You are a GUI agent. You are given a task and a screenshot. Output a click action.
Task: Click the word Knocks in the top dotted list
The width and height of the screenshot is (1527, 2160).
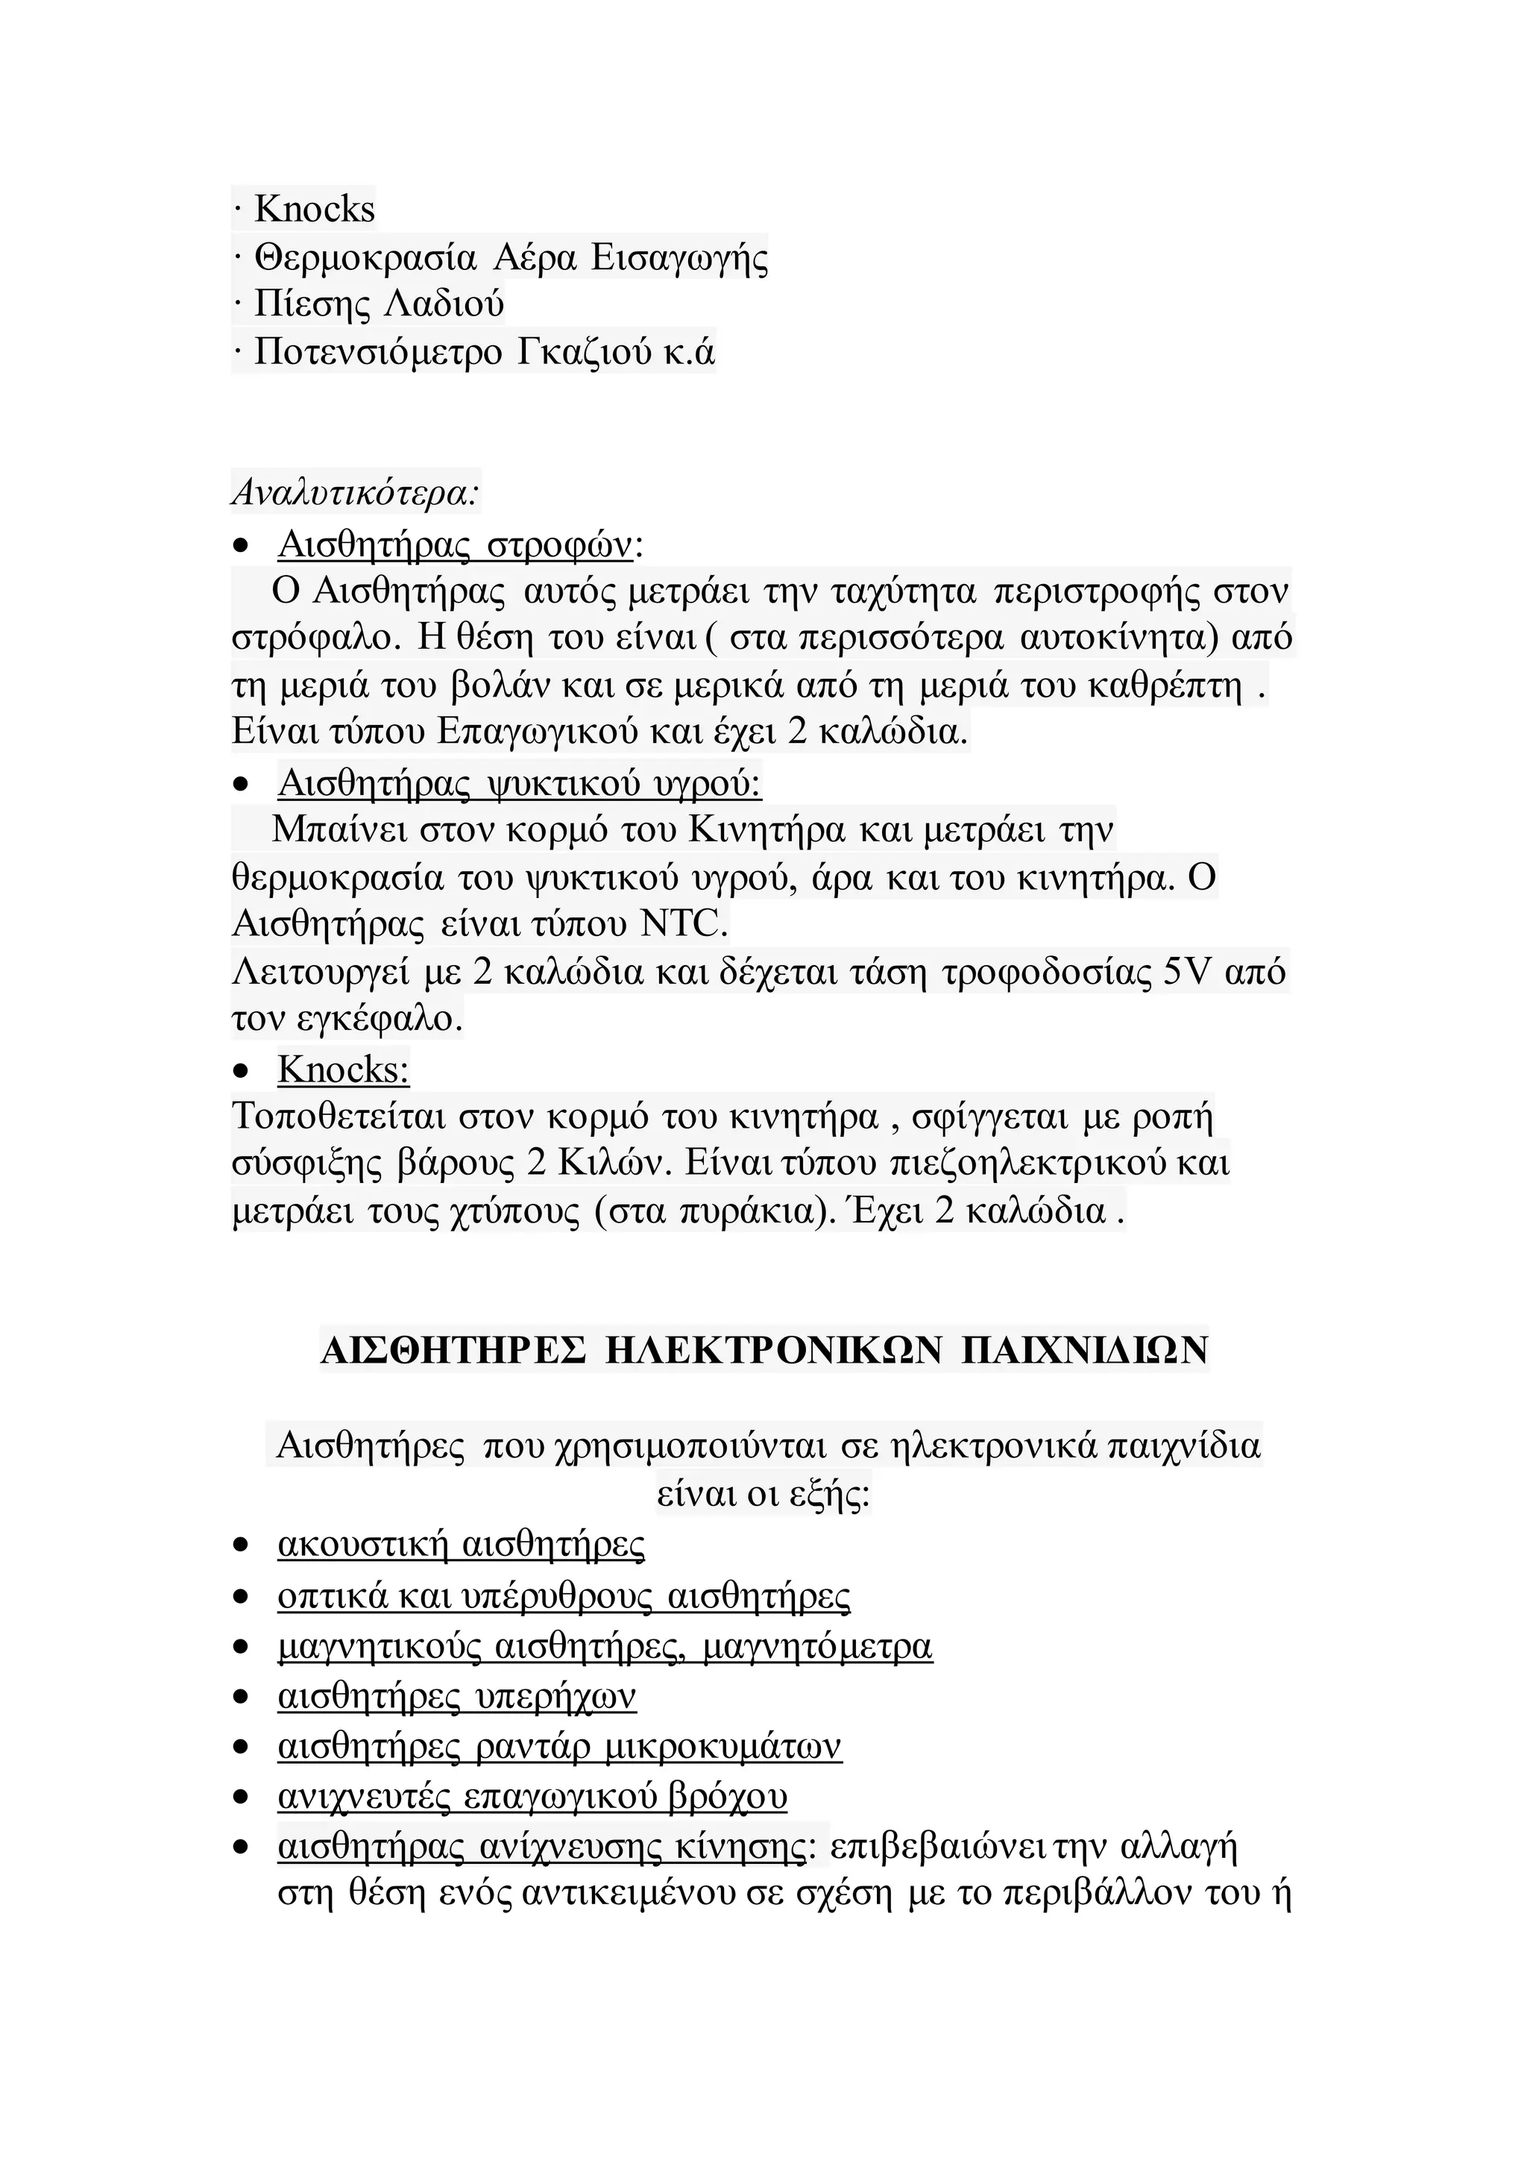coord(314,209)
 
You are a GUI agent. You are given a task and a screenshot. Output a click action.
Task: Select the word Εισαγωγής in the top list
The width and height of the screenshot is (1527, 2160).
coord(679,257)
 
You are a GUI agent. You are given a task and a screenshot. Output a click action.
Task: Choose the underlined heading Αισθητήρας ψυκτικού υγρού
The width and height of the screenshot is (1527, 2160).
coord(519,782)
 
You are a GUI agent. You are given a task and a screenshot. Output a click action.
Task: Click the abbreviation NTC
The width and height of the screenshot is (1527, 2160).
coord(684,925)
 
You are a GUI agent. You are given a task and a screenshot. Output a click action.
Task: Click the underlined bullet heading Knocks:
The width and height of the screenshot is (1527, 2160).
coord(343,1070)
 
